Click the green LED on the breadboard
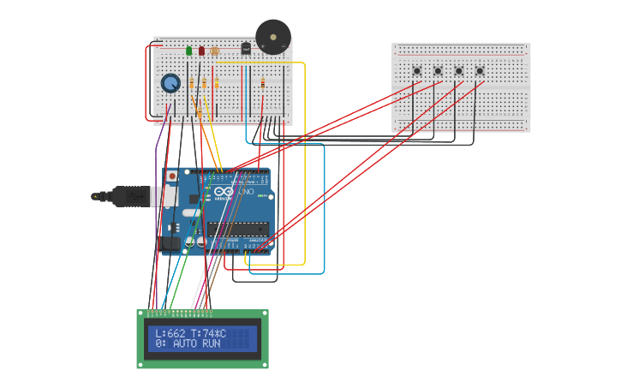point(189,51)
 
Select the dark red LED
point(202,51)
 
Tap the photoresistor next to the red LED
point(214,51)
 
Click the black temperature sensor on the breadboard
point(246,49)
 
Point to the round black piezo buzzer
point(273,37)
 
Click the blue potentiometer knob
point(170,83)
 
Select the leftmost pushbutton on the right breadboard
point(417,70)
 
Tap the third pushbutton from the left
point(458,70)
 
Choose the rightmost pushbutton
point(479,70)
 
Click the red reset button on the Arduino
point(172,176)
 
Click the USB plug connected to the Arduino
point(128,196)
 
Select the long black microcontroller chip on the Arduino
point(237,228)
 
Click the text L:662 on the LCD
point(170,333)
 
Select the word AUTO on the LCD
point(184,343)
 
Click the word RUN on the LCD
point(211,343)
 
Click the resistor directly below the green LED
point(191,83)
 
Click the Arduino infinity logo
point(224,192)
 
